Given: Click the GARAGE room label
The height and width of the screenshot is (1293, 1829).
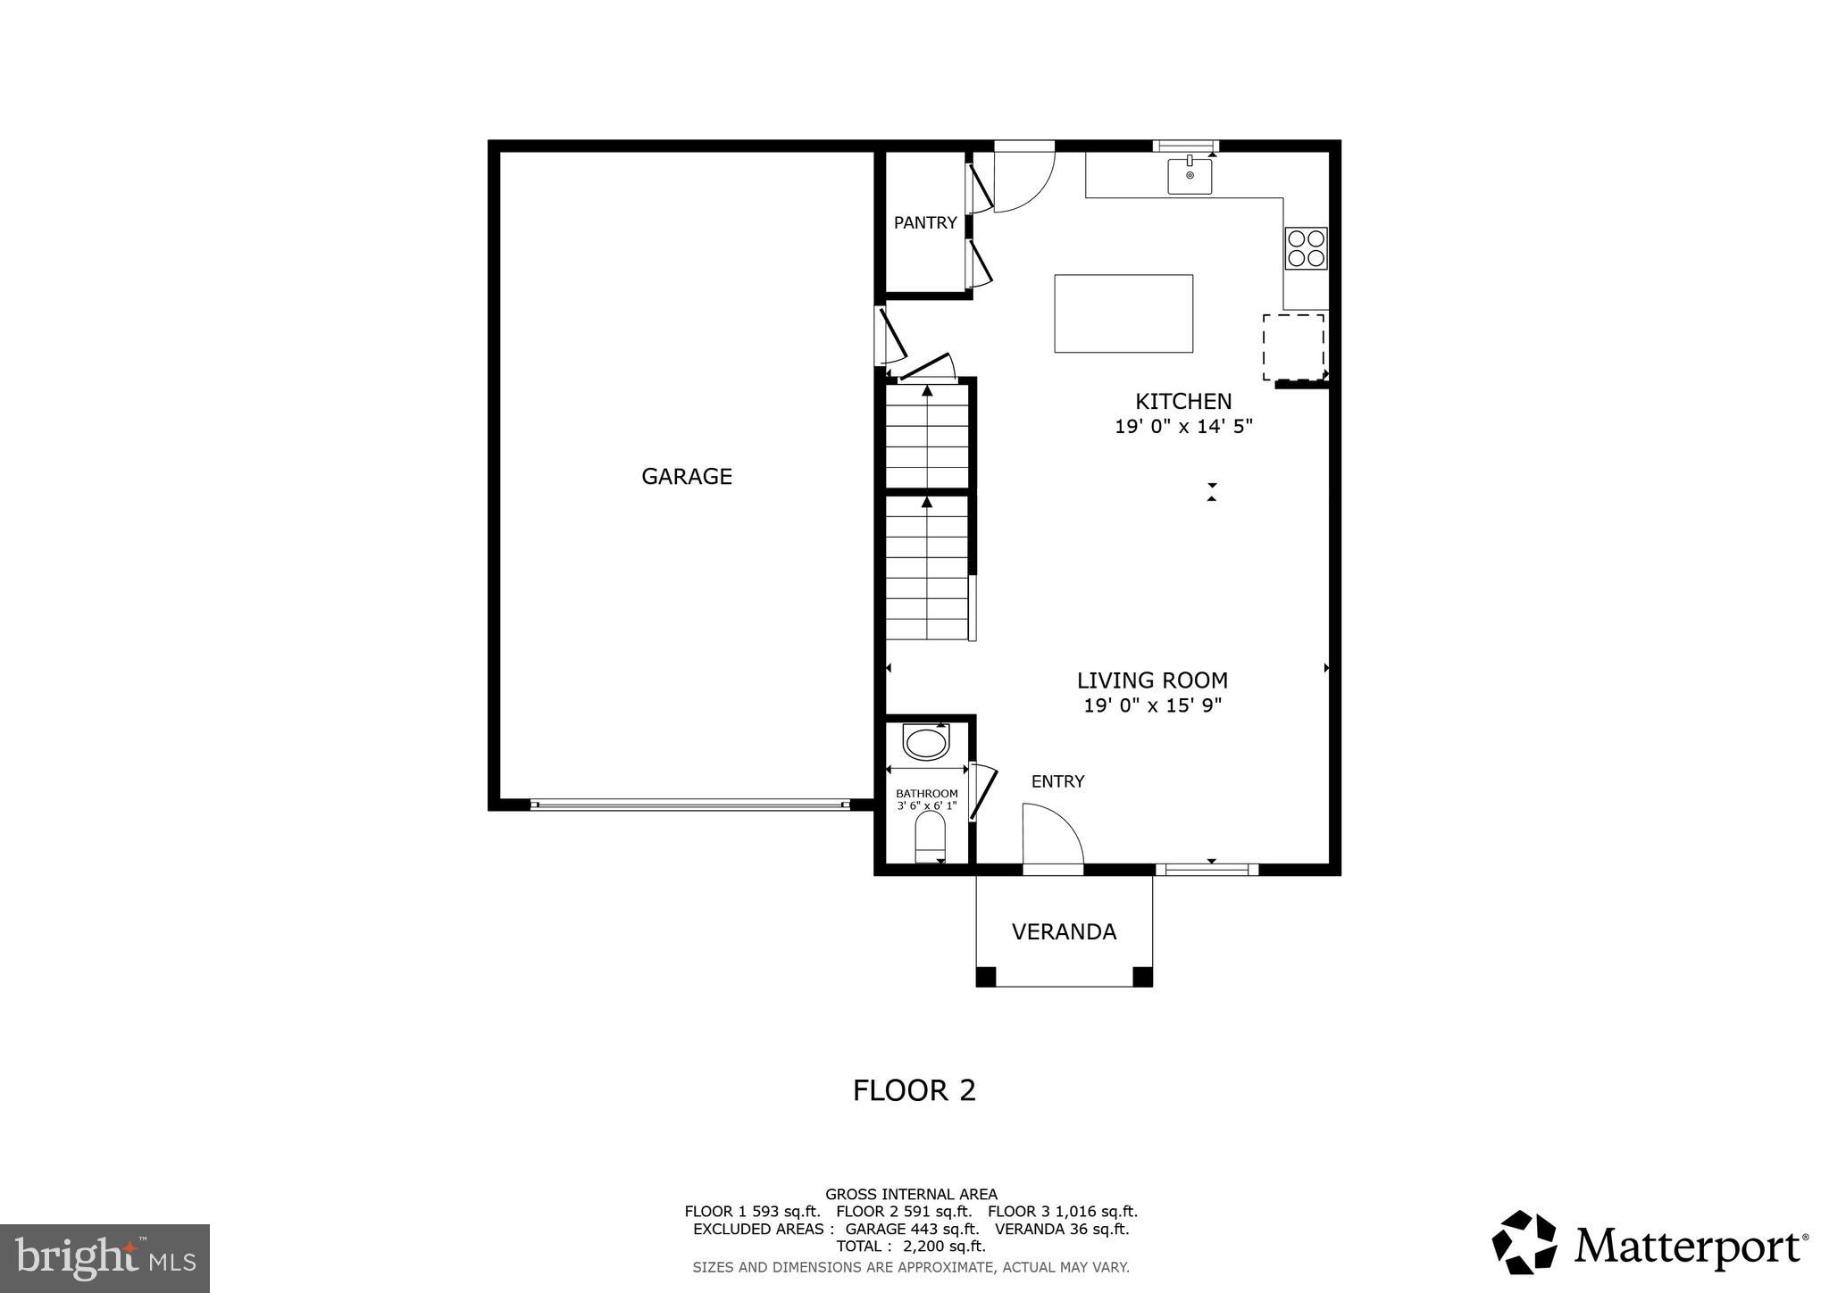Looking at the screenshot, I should [x=686, y=477].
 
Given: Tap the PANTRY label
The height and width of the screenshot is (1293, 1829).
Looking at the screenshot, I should [x=924, y=223].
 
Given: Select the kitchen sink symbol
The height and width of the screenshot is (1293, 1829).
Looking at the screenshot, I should [x=1190, y=175].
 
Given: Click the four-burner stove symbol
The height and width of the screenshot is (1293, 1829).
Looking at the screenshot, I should [x=1306, y=248].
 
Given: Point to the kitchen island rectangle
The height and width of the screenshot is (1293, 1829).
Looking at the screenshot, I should [x=1123, y=313].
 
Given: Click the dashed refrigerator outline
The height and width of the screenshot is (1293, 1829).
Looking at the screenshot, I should [x=1293, y=346].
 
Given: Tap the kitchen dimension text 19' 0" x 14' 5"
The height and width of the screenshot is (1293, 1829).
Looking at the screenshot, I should [x=1183, y=427].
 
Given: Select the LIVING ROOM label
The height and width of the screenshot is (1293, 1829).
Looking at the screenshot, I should [x=1152, y=680].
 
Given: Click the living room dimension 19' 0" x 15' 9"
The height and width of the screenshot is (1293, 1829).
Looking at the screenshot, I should [x=1152, y=706].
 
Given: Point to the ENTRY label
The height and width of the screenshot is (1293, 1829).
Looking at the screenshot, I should [x=1057, y=781].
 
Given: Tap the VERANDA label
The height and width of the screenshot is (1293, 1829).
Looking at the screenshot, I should [x=1064, y=932].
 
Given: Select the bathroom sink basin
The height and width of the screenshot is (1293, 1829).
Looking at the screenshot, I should [x=926, y=742].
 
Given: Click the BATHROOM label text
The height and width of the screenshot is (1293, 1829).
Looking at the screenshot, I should [x=926, y=793].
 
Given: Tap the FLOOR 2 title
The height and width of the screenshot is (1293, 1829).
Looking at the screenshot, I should [x=914, y=1090].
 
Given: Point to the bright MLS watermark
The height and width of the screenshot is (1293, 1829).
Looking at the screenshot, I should [x=104, y=1258].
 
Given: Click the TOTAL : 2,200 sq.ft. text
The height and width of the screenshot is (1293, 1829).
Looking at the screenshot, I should [x=910, y=1246].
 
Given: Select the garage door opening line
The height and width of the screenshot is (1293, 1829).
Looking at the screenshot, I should [x=689, y=805].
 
